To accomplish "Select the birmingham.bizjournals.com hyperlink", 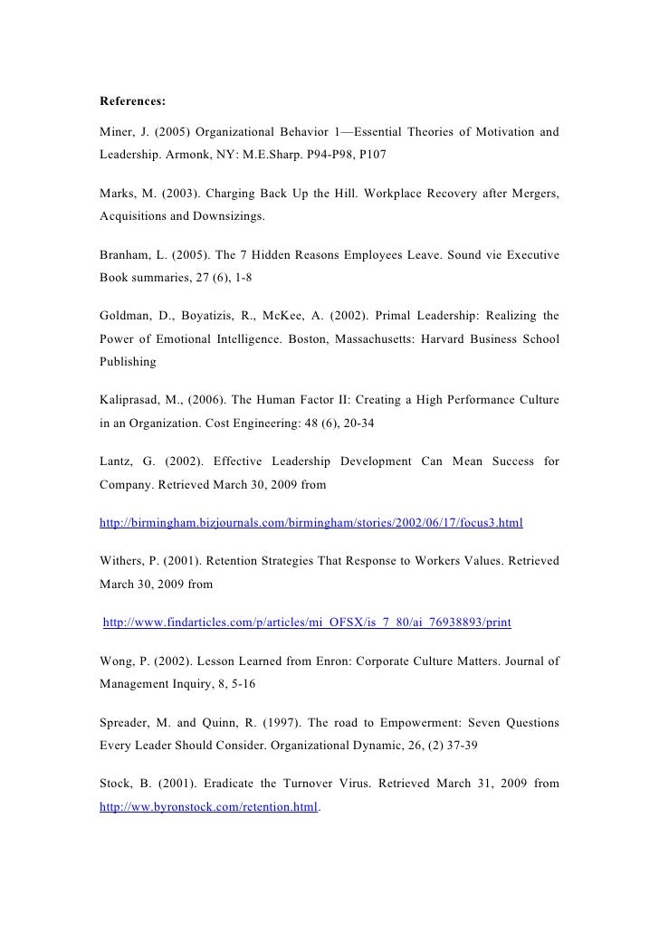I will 310,523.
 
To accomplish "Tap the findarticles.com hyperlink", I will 307,623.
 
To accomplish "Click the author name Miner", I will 117,133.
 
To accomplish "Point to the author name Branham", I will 125,255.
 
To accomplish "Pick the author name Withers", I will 123,562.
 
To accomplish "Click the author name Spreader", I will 128,723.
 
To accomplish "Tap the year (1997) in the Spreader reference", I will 273,723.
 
